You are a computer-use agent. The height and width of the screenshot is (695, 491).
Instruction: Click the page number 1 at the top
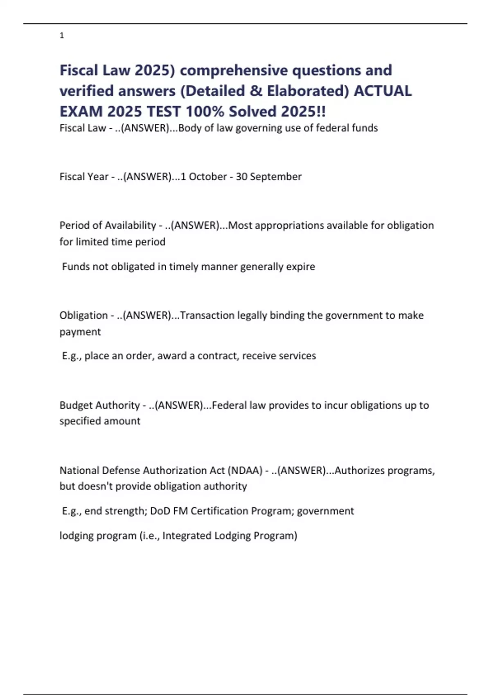(62, 36)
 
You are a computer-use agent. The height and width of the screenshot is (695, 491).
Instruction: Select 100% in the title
(205, 111)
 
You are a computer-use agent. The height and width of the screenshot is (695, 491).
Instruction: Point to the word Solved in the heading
(252, 111)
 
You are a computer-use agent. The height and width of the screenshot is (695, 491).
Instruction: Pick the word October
(208, 177)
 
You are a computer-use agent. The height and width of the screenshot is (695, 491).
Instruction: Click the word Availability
(131, 225)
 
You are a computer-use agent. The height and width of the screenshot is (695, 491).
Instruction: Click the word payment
(80, 332)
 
